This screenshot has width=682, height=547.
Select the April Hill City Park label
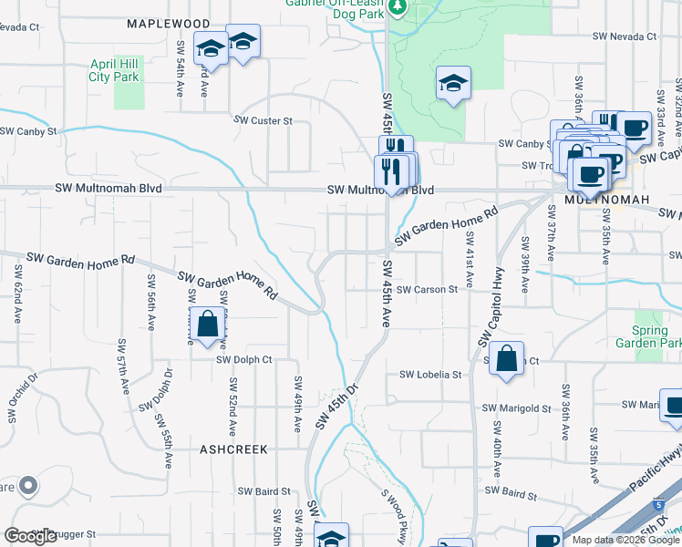point(114,71)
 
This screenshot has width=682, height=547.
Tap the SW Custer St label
point(263,120)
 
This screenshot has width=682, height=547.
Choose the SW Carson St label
point(427,289)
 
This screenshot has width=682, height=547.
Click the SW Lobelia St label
point(431,375)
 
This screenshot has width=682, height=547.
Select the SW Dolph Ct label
point(244,359)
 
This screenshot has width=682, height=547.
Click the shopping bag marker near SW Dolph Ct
point(208,324)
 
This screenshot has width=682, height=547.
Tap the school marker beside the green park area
point(452,84)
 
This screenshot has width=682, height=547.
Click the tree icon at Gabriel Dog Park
point(397,7)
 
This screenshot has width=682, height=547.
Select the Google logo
point(31,536)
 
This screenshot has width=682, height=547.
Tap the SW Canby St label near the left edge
point(28,131)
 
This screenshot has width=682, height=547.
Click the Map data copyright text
point(624,540)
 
